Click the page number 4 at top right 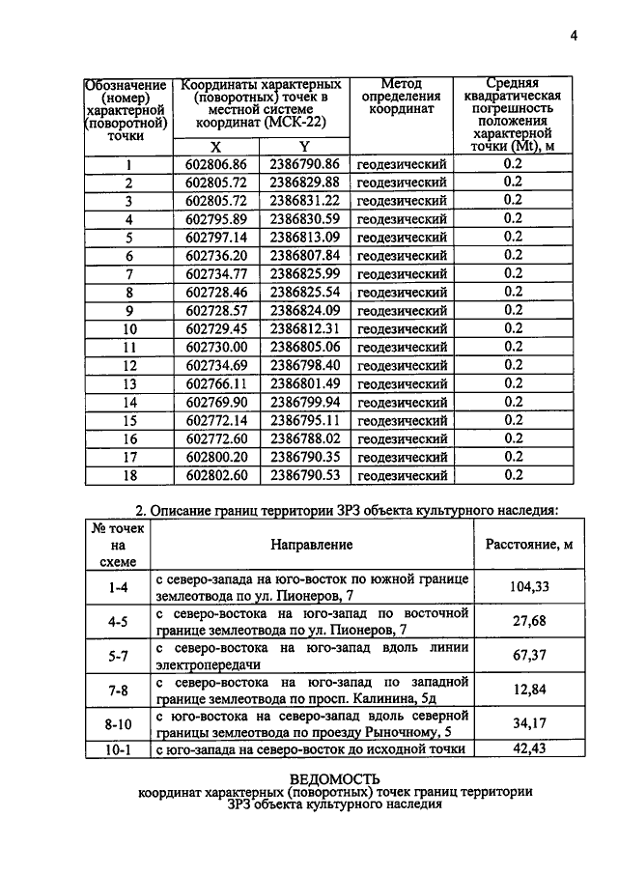(573, 37)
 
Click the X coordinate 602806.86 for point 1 (216, 163)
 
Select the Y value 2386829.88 (304, 182)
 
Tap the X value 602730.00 (216, 347)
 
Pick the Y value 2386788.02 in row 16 (304, 438)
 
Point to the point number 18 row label (127, 475)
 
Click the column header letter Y (303, 146)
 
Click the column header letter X (216, 146)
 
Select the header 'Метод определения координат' (401, 97)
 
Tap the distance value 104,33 (525, 586)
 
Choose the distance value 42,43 (525, 747)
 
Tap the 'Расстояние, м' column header (525, 545)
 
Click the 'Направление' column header (311, 545)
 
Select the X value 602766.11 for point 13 (216, 383)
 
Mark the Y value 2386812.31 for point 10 (304, 328)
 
